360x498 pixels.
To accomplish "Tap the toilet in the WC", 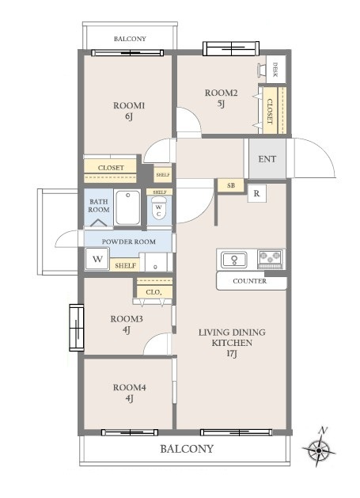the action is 159,207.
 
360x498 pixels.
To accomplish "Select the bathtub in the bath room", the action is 127,207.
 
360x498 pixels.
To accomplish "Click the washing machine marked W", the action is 97,259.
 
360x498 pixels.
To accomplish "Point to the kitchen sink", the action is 234,260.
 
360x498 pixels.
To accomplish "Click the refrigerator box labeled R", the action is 257,193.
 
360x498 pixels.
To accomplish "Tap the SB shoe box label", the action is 231,185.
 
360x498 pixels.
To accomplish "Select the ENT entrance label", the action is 267,159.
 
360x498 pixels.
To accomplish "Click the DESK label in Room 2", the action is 275,70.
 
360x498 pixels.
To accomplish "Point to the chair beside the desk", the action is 262,70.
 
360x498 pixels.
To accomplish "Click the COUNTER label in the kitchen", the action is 249,281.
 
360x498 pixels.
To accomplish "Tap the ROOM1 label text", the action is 129,105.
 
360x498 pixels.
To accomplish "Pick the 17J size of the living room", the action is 232,353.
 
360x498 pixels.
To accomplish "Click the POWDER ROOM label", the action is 128,241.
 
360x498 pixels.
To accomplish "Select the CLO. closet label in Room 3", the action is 153,292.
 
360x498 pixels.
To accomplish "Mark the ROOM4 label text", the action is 129,387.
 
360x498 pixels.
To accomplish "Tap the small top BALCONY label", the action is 130,39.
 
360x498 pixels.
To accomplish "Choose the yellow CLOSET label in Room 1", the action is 111,168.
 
